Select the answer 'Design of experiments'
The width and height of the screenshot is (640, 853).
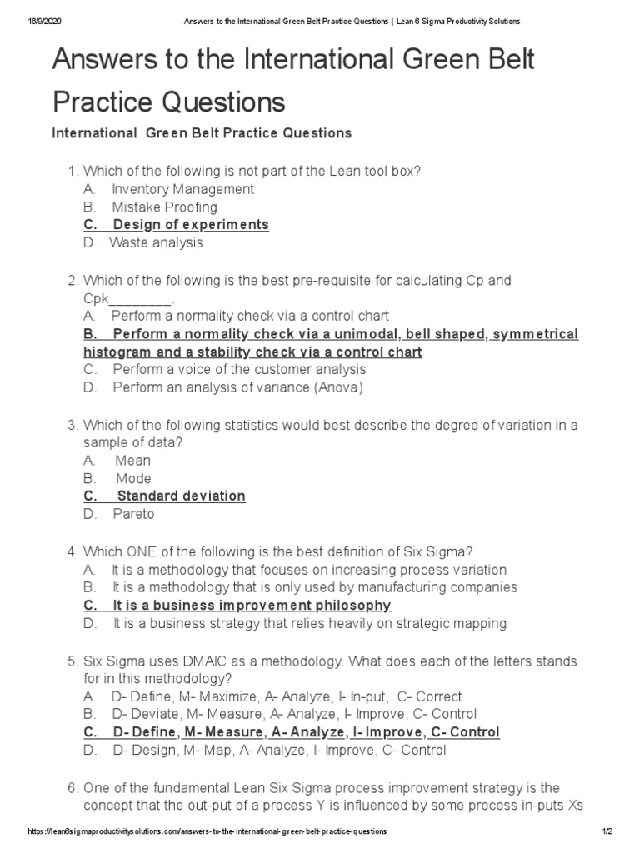coord(191,225)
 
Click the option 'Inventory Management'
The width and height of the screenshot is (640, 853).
coord(182,189)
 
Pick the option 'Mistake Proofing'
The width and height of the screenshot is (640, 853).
coord(164,207)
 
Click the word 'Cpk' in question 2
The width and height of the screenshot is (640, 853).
coord(96,299)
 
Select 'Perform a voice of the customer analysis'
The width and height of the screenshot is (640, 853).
coord(239,369)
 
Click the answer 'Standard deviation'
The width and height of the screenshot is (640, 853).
coord(181,496)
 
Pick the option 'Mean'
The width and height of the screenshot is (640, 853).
coord(133,461)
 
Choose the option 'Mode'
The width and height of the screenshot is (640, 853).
coord(133,479)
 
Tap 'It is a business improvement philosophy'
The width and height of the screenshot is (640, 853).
coord(252,606)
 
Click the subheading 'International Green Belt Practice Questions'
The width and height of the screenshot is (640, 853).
coord(202,133)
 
